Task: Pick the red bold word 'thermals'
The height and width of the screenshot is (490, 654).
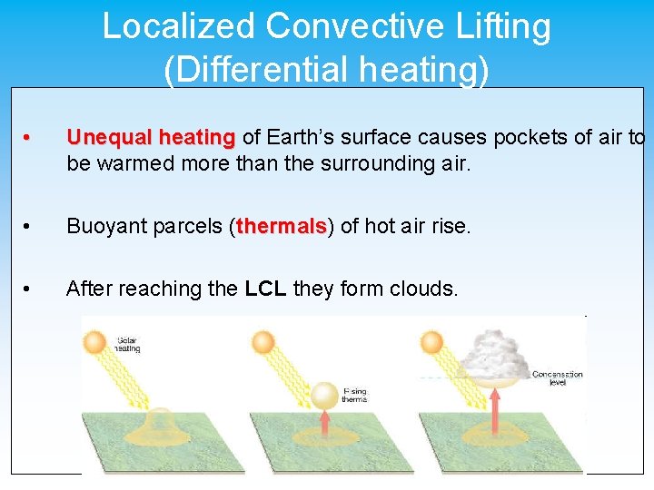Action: [282, 226]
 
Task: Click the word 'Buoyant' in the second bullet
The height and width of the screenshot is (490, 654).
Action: [102, 226]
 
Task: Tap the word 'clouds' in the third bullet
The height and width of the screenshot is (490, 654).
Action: [426, 289]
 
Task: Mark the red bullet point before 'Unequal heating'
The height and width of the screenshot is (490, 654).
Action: [29, 138]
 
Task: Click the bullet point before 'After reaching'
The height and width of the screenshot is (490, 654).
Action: [29, 289]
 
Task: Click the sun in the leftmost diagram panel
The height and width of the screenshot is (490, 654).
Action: [95, 343]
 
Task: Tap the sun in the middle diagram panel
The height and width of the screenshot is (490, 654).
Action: [263, 343]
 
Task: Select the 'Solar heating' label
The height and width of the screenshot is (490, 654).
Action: [128, 345]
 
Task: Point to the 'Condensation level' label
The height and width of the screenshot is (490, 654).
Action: [557, 377]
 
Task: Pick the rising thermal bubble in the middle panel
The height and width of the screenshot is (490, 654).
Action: [323, 396]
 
